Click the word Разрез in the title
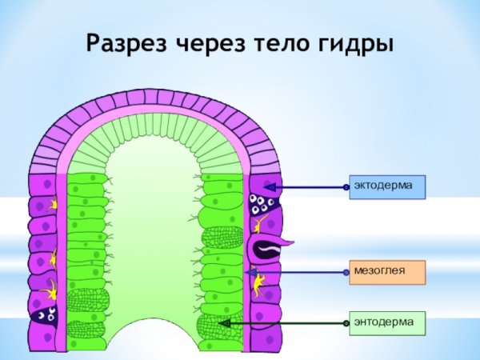tap(126, 43)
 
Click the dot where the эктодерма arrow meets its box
tap(346, 187)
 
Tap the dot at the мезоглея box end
tap(346, 273)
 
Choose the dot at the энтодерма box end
tap(346, 323)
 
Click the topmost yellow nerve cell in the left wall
tap(52, 205)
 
